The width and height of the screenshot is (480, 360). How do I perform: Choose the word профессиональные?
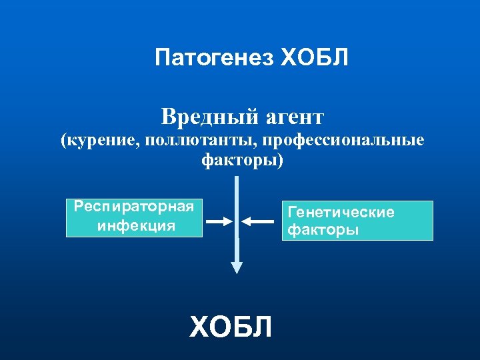point(343,141)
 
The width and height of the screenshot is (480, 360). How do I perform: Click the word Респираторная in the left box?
point(134,206)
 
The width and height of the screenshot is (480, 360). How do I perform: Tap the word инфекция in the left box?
point(136,225)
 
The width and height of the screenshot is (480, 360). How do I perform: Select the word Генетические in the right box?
point(341,213)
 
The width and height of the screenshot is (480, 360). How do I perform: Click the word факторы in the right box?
point(323,230)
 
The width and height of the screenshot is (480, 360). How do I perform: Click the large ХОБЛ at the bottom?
point(231,328)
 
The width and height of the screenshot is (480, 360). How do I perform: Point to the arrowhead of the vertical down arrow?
point(237,267)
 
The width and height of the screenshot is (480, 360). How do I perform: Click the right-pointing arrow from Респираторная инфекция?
point(217,221)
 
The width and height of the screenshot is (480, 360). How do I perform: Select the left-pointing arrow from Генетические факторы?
point(257,221)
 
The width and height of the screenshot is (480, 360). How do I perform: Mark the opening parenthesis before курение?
point(63,141)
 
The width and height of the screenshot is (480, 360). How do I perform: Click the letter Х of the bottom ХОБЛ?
point(200,328)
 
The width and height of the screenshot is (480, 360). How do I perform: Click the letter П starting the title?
point(162,58)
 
